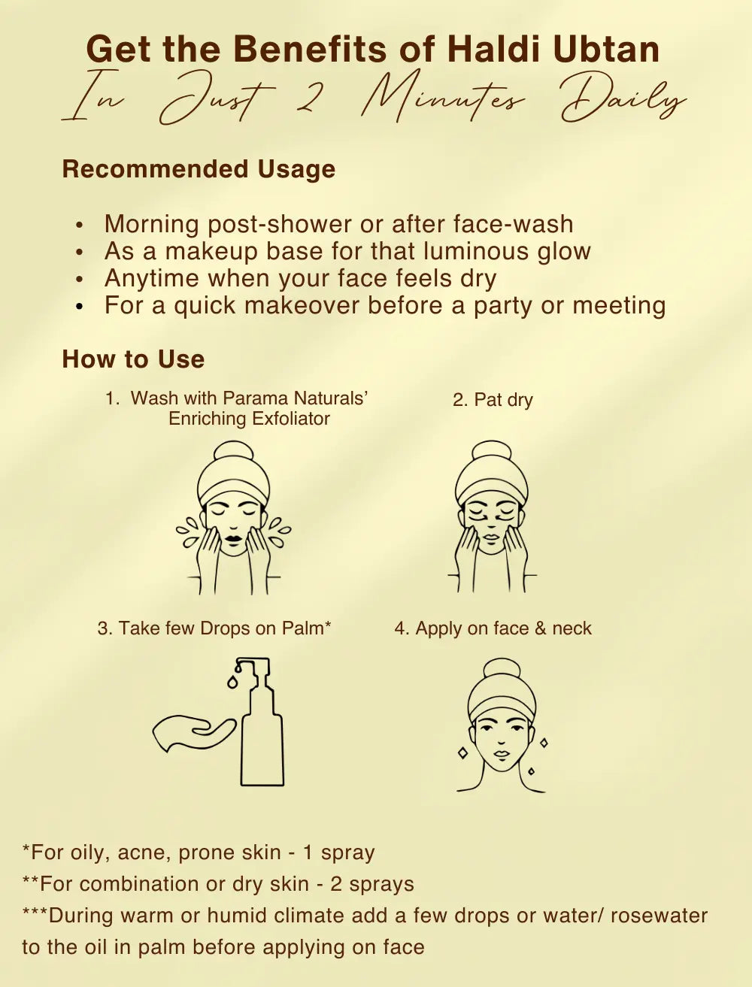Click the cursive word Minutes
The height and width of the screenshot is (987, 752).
(x=443, y=99)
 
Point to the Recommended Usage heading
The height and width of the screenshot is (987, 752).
(x=199, y=170)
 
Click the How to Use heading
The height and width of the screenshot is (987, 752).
(x=133, y=359)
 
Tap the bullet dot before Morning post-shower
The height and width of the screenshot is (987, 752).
(x=80, y=225)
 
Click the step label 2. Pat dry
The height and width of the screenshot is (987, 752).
(x=493, y=400)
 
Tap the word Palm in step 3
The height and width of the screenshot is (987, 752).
(x=306, y=628)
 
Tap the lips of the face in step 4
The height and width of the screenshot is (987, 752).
(x=501, y=754)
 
